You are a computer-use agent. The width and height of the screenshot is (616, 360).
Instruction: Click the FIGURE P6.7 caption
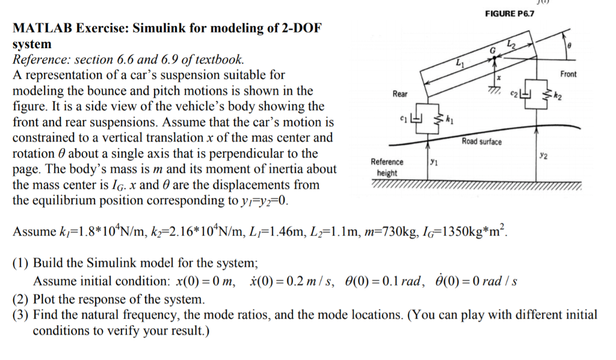(510, 14)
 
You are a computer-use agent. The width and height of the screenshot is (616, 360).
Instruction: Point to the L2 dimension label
(511, 43)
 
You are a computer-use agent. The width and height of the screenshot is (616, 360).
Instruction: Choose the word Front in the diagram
(568, 74)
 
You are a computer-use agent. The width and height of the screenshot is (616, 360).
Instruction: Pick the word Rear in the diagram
(399, 94)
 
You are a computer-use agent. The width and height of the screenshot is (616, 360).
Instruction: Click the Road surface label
(481, 141)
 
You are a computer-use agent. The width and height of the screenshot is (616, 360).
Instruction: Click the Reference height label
(387, 167)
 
